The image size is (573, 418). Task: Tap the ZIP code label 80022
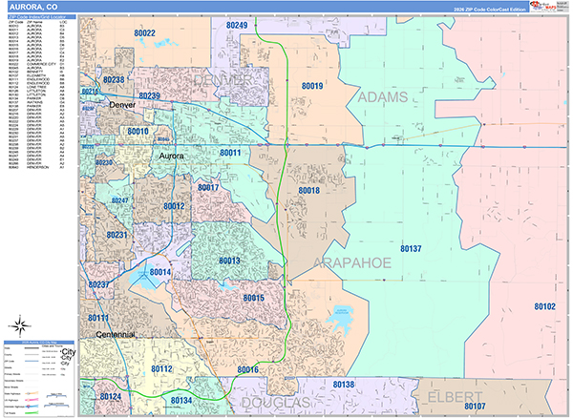click(x=145, y=32)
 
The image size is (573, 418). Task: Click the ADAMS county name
click(x=382, y=97)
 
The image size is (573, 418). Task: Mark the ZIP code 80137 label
click(x=411, y=248)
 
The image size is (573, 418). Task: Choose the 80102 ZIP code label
click(x=544, y=306)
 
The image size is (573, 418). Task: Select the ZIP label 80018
click(x=308, y=191)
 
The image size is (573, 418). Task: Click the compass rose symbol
click(x=21, y=324)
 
